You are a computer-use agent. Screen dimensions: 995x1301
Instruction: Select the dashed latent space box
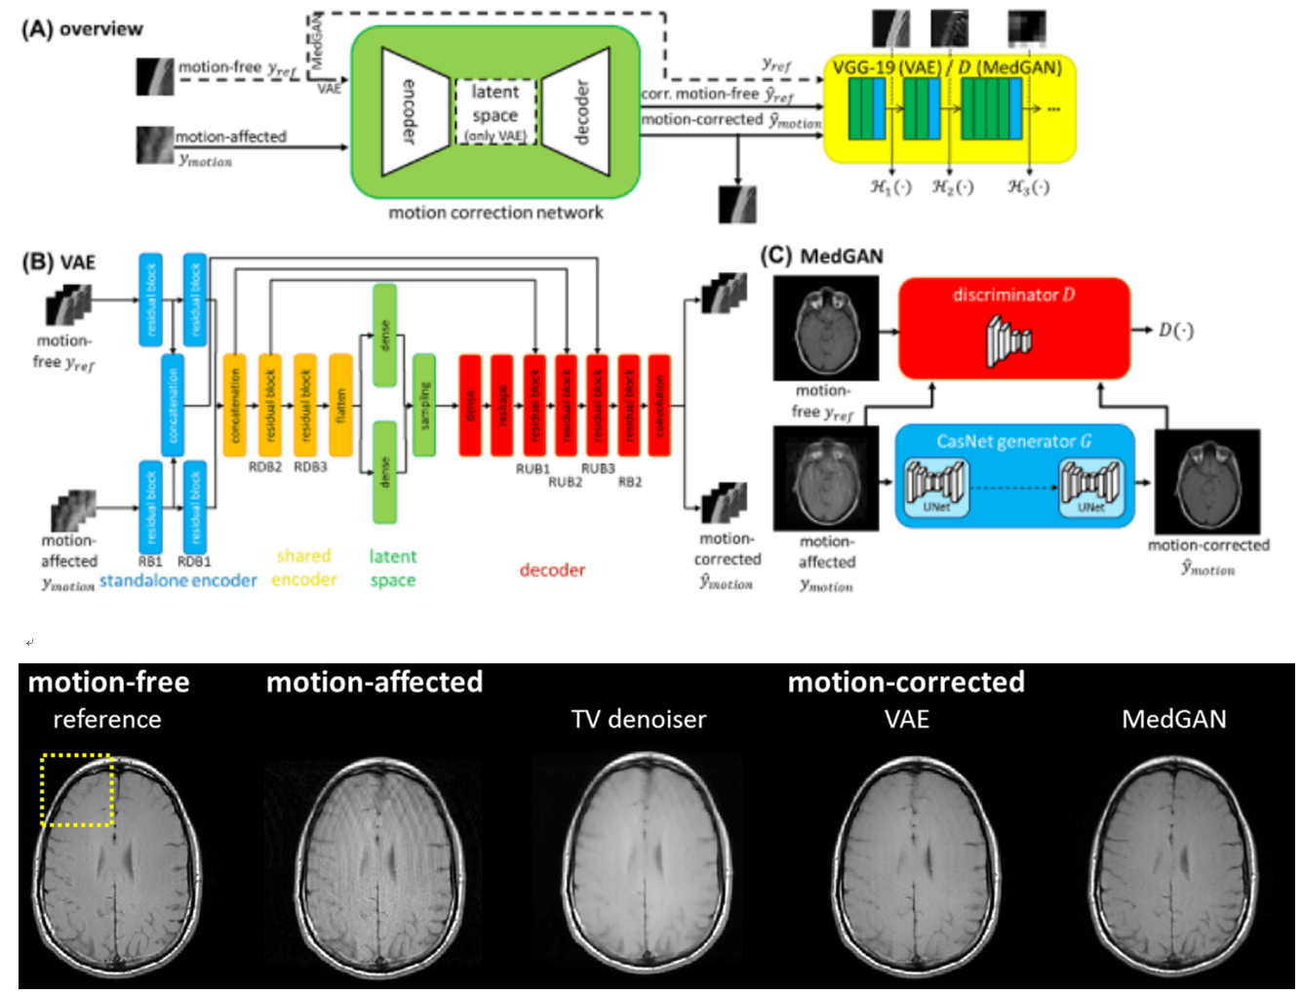[495, 112]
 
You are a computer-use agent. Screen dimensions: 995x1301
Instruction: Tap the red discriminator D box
[1013, 328]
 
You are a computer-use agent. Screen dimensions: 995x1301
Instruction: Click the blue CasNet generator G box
[1014, 476]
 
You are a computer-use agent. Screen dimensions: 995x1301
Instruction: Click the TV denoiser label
[638, 720]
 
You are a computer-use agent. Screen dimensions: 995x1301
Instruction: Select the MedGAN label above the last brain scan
[1173, 720]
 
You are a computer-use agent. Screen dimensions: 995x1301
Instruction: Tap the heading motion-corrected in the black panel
[906, 682]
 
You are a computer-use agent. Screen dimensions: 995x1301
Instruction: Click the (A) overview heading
[82, 28]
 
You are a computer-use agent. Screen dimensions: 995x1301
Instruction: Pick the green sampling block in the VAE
[423, 405]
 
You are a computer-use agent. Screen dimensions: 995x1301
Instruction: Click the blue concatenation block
[173, 405]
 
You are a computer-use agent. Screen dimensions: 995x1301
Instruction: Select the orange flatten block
[340, 405]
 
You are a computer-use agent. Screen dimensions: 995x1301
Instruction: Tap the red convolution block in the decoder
[659, 405]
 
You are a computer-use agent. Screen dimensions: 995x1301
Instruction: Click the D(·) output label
[1175, 330]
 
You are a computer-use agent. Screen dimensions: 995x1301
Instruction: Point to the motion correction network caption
[495, 213]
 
